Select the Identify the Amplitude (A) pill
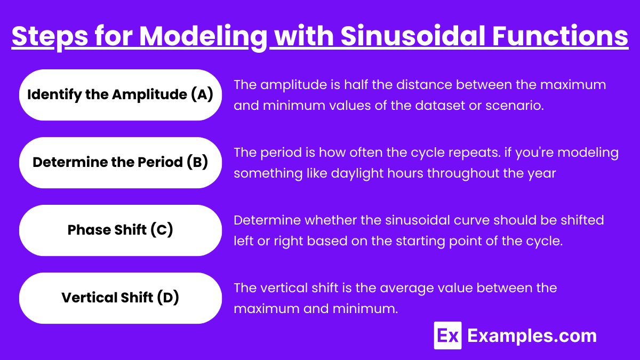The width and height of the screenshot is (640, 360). click(121, 95)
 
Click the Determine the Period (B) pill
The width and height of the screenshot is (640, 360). click(121, 163)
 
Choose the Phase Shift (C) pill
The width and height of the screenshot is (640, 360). click(121, 230)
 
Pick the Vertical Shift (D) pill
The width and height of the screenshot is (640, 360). click(121, 298)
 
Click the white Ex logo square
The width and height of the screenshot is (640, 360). click(447, 335)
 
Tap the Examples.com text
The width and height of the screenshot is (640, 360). click(532, 336)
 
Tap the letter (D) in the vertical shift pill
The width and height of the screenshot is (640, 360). click(168, 298)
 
